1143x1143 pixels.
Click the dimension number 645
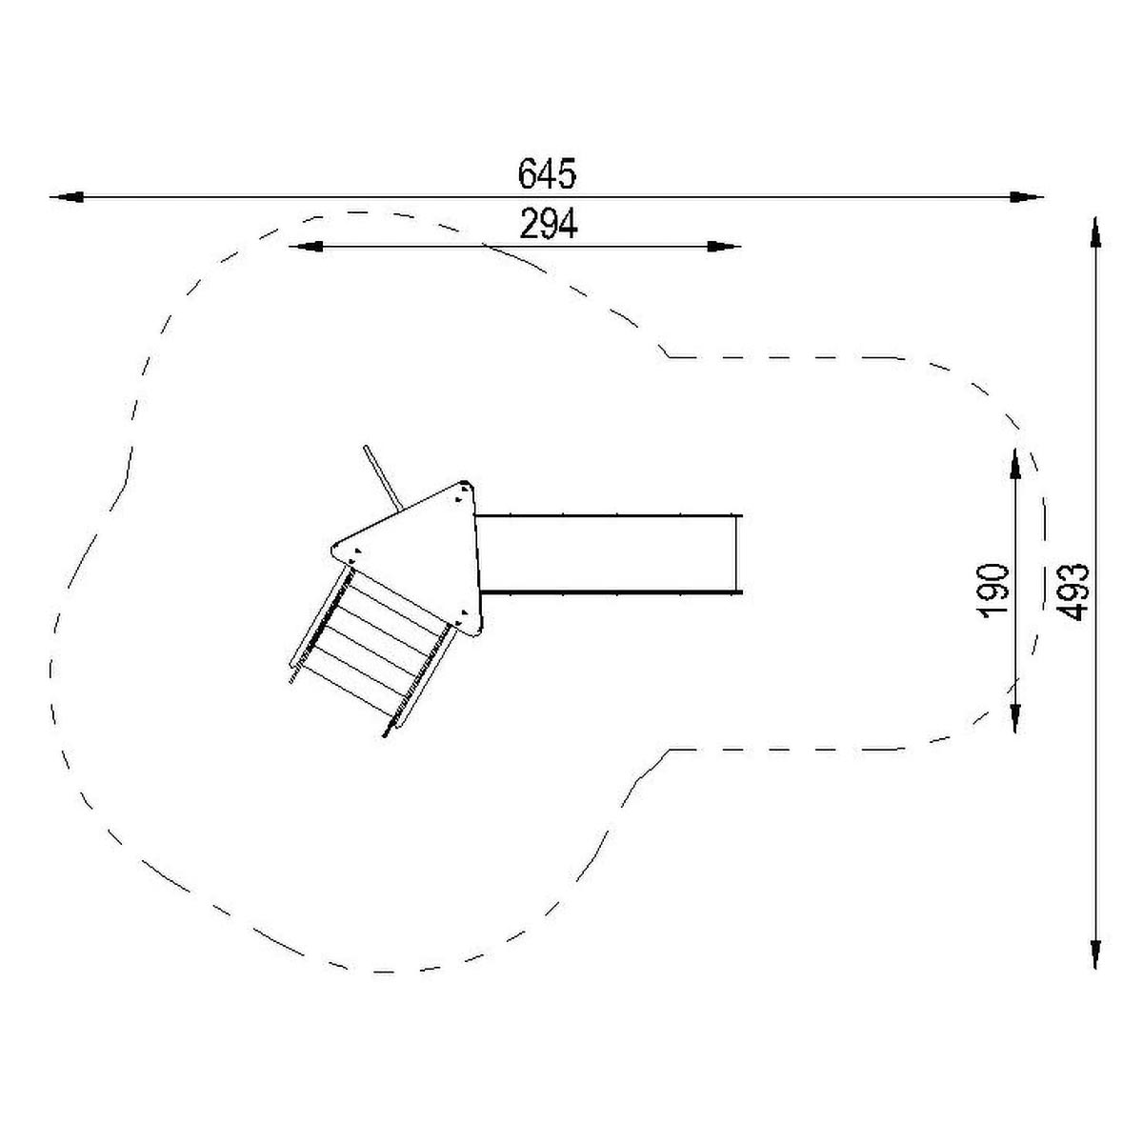pos(547,173)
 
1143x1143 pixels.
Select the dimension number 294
pos(548,225)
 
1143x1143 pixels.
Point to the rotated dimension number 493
pos(1073,592)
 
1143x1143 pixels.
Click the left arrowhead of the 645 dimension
pos(67,197)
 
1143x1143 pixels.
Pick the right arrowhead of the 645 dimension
pos(1027,197)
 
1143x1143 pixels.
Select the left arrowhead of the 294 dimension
pos(306,246)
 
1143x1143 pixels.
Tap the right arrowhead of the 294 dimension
pos(724,246)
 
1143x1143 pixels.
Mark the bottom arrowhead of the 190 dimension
pos(1015,716)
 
